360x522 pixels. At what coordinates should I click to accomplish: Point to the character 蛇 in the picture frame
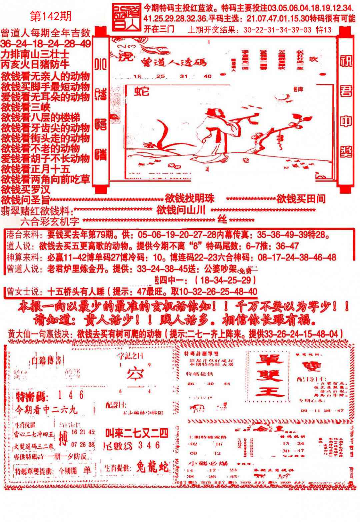coord(142,91)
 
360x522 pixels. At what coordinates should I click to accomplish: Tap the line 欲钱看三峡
coord(26,107)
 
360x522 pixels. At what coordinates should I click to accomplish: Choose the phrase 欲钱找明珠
coord(189,198)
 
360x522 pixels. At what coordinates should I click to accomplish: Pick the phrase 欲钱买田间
coord(301,199)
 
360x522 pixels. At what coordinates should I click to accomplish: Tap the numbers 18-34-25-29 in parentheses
coord(227,279)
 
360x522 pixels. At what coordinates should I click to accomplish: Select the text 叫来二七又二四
coord(137,433)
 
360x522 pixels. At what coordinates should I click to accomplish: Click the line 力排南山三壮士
coord(35,54)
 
